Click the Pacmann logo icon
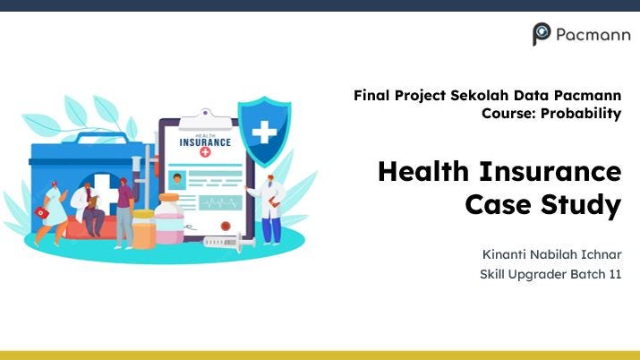click(x=542, y=34)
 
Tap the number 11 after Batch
click(x=613, y=274)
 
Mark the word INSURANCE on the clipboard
click(x=205, y=141)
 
